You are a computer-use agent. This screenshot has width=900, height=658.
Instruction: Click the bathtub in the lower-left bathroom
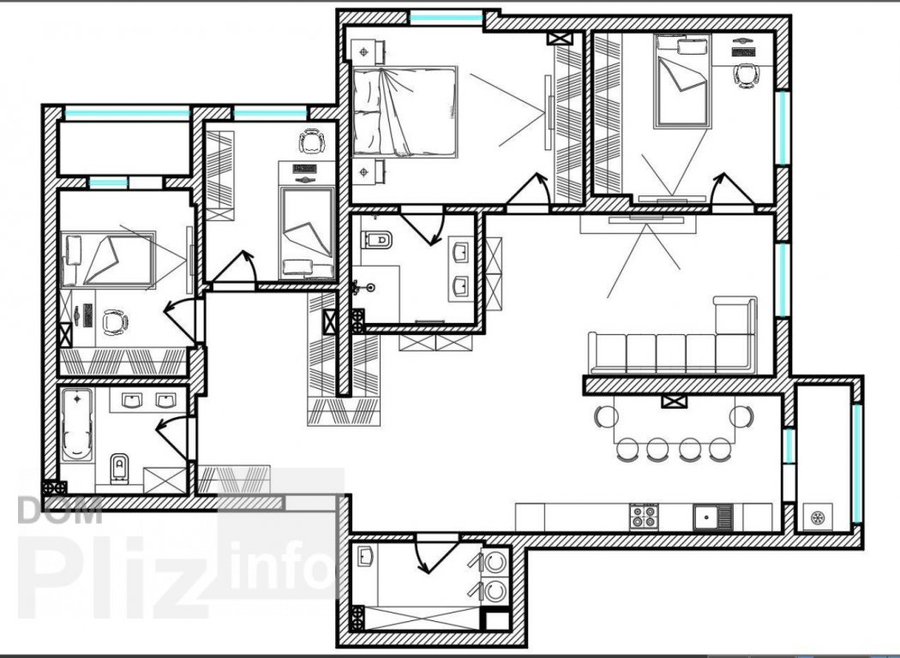pos(77,424)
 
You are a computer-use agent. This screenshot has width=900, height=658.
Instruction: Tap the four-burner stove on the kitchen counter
pos(644,517)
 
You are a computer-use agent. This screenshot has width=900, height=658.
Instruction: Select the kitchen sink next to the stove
pos(712,517)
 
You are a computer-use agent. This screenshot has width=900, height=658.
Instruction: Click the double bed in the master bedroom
pos(405,112)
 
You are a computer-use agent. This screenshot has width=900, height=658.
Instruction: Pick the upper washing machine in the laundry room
pos(493,563)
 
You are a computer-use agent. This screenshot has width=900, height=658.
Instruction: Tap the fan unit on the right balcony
pos(818,518)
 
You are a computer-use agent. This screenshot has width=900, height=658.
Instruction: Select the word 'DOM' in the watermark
pos(60,510)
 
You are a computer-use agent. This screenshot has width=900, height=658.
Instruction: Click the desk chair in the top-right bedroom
pos(746,75)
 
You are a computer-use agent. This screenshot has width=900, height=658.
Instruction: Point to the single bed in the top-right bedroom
pos(682,81)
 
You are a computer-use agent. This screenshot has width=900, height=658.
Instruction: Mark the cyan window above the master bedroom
pos(446,18)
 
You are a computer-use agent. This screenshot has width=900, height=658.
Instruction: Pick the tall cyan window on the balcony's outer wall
pos(856,464)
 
